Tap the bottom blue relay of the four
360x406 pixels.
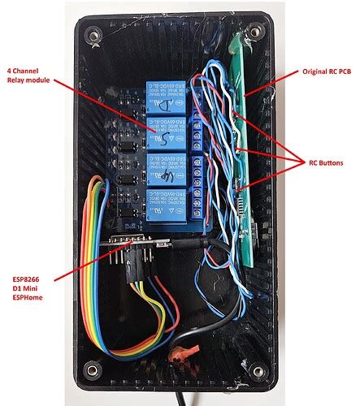coord(167,206)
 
